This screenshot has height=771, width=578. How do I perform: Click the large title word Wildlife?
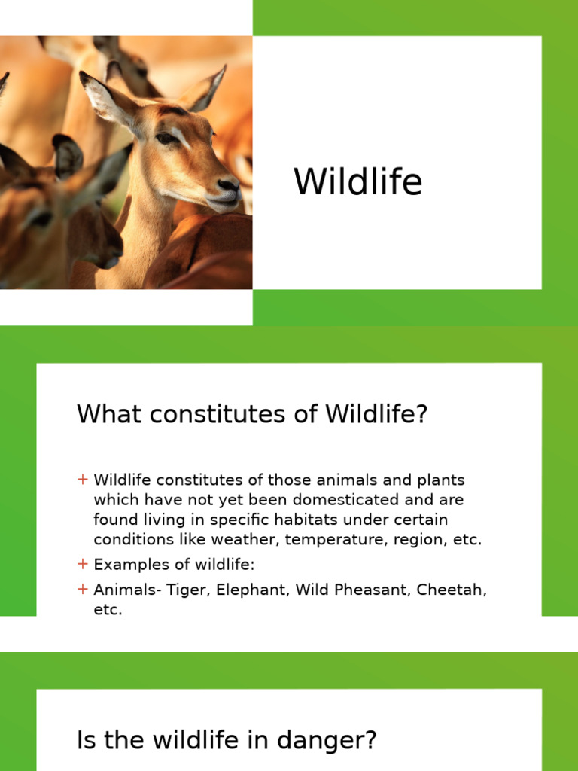357,182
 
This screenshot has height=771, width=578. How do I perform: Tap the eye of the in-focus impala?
166,138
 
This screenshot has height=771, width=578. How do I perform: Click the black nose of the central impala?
227,184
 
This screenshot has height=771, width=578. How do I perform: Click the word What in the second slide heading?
107,414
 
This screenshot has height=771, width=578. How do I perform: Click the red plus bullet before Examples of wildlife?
83,564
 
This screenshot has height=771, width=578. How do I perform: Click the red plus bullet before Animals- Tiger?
83,589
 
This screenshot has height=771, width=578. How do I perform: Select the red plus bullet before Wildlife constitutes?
83,479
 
